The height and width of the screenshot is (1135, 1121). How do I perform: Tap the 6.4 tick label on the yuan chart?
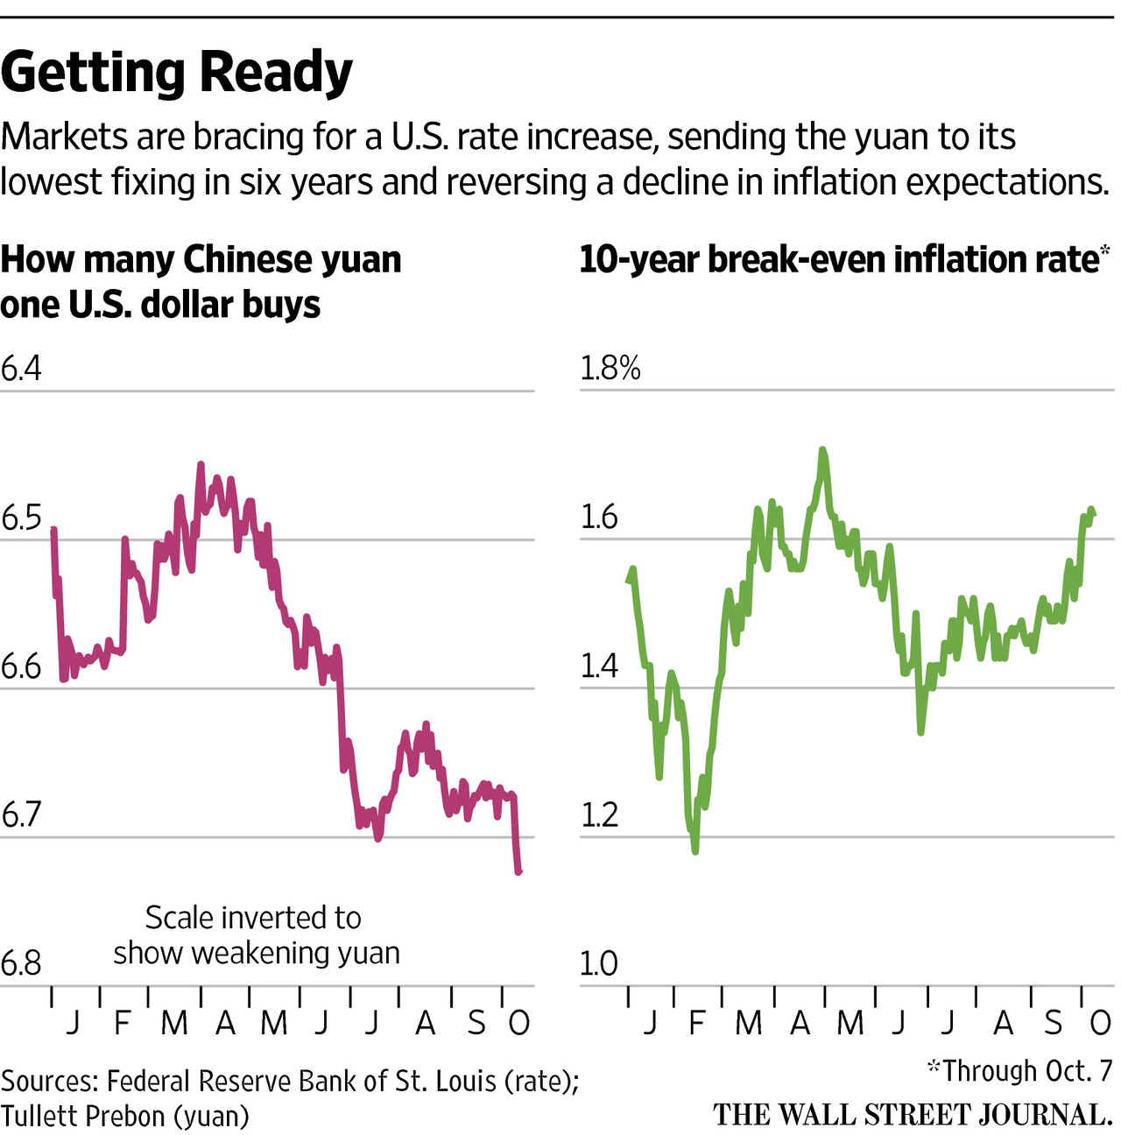pyautogui.click(x=21, y=369)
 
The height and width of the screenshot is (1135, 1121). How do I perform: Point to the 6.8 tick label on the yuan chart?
pyautogui.click(x=21, y=963)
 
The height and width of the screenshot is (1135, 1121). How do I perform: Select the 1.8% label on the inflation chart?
pyautogui.click(x=610, y=369)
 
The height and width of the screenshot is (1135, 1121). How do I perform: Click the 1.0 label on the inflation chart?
pyautogui.click(x=599, y=963)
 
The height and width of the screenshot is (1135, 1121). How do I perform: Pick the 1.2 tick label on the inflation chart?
pyautogui.click(x=599, y=815)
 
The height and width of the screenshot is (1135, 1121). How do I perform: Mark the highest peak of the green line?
pyautogui.click(x=822, y=451)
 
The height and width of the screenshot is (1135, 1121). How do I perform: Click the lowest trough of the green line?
pyautogui.click(x=695, y=849)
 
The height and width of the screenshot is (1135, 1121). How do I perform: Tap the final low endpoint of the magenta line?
pyautogui.click(x=518, y=871)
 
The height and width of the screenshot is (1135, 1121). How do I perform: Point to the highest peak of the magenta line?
pyautogui.click(x=201, y=465)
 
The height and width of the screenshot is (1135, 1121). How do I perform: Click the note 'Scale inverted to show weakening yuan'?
pyautogui.click(x=256, y=935)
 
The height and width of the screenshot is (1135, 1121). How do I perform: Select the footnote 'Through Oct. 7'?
pyautogui.click(x=1020, y=1070)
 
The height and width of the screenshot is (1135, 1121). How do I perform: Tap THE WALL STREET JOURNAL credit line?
pyautogui.click(x=913, y=1115)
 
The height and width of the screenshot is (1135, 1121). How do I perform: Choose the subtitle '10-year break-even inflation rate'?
pyautogui.click(x=838, y=260)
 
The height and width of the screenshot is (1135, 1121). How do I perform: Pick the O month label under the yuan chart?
pyautogui.click(x=519, y=1022)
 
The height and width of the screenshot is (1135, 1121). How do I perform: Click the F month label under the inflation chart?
pyautogui.click(x=697, y=1022)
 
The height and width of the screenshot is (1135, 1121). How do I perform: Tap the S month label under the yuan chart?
pyautogui.click(x=476, y=1022)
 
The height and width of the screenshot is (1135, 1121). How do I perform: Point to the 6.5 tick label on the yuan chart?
pyautogui.click(x=21, y=518)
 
